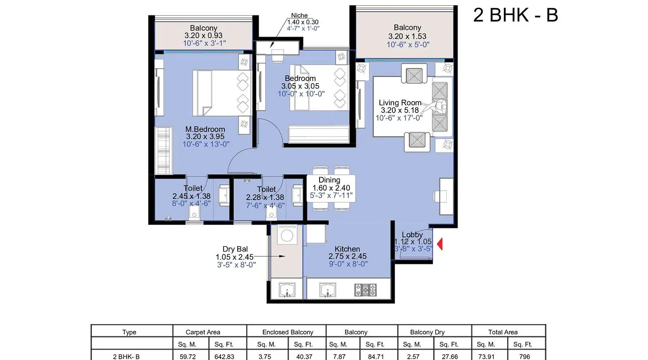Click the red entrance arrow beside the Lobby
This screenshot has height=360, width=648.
point(440,244)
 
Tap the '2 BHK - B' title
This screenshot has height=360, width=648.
point(516,15)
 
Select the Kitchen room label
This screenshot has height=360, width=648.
point(347,249)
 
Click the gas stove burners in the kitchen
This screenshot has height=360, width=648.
point(365,290)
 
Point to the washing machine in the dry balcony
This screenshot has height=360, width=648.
point(287,235)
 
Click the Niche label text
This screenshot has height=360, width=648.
point(299,15)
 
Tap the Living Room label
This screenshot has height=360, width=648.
point(400,102)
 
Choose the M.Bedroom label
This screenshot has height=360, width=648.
point(205,129)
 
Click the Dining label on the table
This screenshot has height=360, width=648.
point(329,180)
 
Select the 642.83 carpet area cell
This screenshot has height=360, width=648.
point(224,356)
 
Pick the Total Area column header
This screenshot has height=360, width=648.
point(503,332)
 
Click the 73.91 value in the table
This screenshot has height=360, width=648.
point(486,356)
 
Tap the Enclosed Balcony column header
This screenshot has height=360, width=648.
point(288,332)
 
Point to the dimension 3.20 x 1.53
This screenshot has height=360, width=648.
point(407,36)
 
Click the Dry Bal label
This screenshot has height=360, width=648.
point(235,249)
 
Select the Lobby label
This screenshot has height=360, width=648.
point(412,234)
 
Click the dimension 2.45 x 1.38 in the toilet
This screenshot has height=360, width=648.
point(191,196)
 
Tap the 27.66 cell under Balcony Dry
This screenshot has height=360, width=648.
point(450,356)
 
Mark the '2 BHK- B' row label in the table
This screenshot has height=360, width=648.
point(126,356)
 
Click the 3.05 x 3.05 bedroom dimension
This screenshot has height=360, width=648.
point(300,86)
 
